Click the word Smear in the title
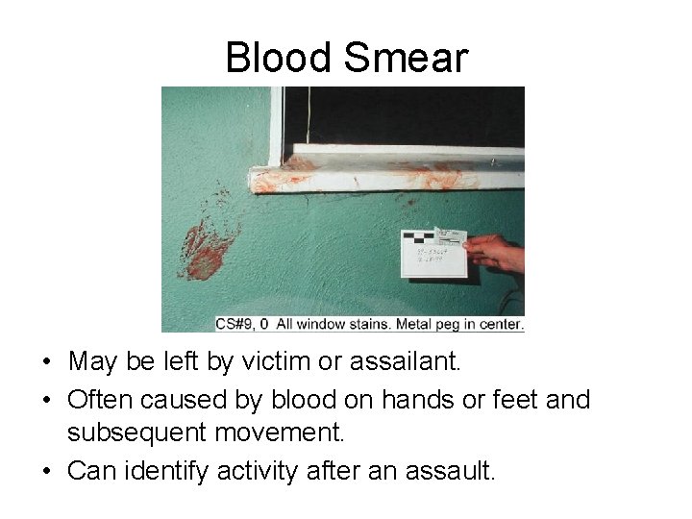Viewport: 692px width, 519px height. pyautogui.click(x=407, y=58)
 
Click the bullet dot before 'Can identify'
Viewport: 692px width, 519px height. pyautogui.click(x=45, y=472)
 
